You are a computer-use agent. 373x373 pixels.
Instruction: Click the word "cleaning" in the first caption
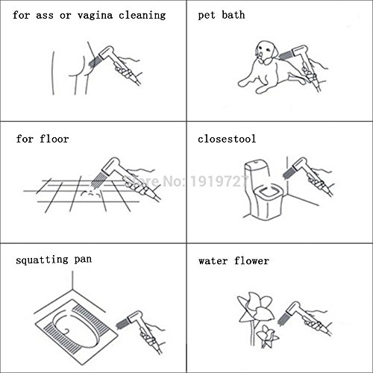[x=142, y=16]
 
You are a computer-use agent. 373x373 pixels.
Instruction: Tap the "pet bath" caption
[x=222, y=15]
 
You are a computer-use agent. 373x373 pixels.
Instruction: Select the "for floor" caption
[x=43, y=139]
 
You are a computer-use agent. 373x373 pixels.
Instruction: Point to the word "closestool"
[x=227, y=139]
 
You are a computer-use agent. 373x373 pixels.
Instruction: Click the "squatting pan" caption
[x=54, y=260]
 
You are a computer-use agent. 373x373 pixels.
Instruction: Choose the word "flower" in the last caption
[x=251, y=261]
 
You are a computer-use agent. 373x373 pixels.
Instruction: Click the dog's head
[x=267, y=51]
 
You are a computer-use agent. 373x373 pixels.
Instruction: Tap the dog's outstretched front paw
[x=245, y=82]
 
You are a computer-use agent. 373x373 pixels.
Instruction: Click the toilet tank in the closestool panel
[x=256, y=172]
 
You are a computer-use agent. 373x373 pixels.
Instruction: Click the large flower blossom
[x=256, y=307]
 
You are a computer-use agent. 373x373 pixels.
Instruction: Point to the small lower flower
[x=267, y=336]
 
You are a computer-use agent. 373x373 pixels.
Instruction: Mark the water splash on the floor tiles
[x=91, y=193]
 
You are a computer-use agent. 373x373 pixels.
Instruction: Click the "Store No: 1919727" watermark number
[x=219, y=181]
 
